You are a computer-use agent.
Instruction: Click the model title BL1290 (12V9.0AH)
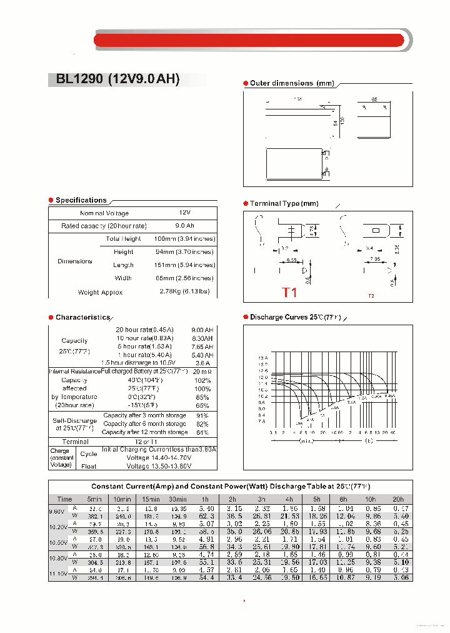[x=117, y=79]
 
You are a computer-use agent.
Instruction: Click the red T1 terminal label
[x=289, y=292]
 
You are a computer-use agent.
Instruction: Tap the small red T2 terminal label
[x=371, y=296]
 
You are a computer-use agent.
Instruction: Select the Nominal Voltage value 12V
[x=184, y=213]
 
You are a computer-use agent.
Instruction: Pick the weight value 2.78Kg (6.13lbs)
[x=184, y=292]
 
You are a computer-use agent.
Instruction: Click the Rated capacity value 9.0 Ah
[x=184, y=226]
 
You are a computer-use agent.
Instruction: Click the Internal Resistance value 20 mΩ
[x=202, y=372]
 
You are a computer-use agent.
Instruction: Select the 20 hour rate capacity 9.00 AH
[x=202, y=330]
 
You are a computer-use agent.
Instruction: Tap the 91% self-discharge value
[x=202, y=415]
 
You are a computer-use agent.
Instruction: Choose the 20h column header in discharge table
[x=397, y=499]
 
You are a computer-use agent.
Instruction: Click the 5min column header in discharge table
[x=94, y=499]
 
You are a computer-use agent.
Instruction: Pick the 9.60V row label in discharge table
[x=57, y=512]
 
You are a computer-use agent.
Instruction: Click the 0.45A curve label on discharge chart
[x=389, y=396]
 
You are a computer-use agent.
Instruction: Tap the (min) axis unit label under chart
[x=306, y=441]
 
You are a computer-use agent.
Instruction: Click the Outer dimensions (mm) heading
[x=292, y=83]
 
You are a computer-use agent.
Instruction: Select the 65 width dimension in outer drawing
[x=374, y=99]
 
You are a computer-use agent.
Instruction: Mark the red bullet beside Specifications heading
[x=51, y=200]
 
